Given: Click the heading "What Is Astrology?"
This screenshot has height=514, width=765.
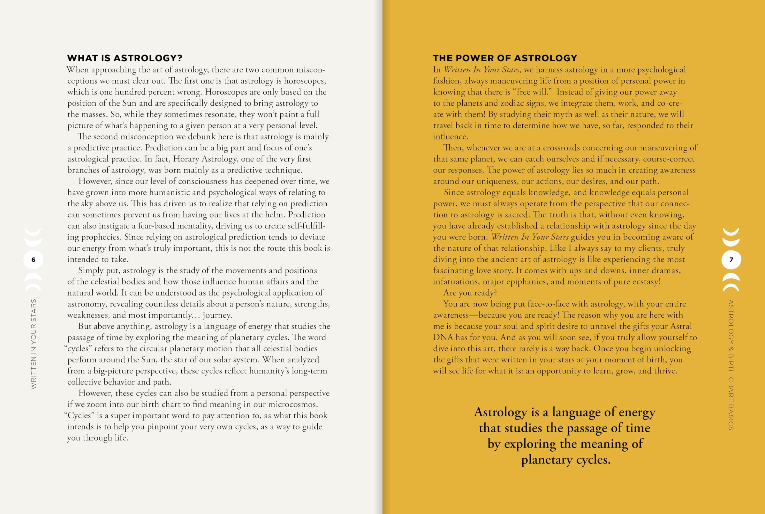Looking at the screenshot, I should [x=124, y=58].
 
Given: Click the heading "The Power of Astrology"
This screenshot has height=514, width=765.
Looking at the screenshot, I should [x=505, y=58].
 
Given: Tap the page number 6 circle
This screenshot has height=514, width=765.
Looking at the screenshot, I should [x=33, y=260].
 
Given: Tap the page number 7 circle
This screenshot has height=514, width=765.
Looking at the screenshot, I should [x=731, y=260].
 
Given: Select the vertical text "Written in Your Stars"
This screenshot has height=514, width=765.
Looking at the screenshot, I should [x=33, y=344].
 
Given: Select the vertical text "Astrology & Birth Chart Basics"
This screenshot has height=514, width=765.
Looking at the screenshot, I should [x=731, y=364].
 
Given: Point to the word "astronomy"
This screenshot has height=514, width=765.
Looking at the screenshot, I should [x=87, y=304].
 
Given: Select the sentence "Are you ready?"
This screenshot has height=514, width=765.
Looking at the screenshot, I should [x=470, y=293].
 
